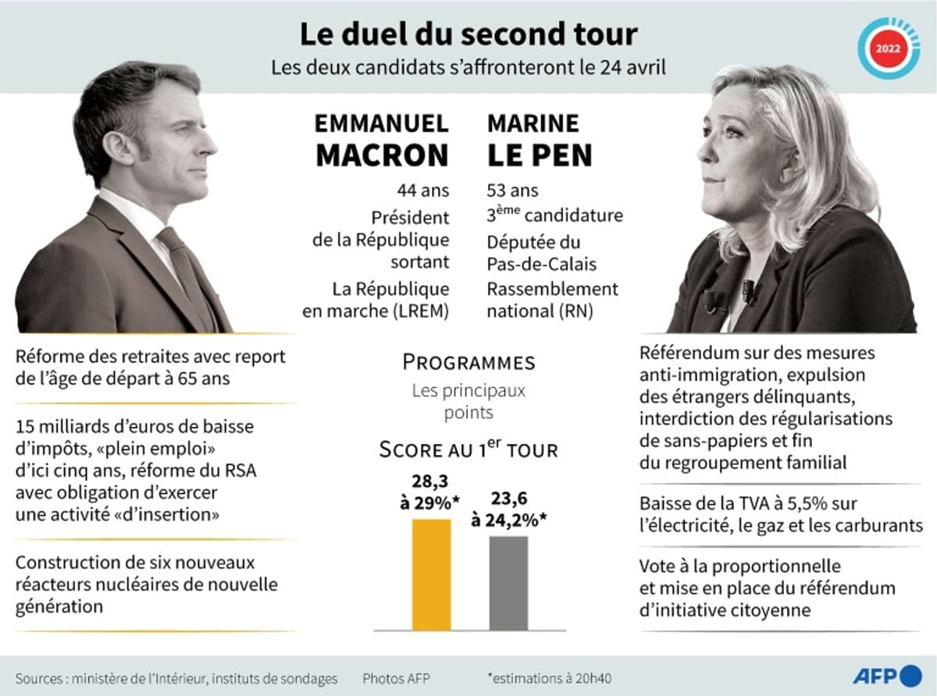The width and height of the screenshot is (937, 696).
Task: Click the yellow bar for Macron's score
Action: tap(431, 573)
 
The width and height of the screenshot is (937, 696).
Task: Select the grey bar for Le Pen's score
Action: tap(508, 582)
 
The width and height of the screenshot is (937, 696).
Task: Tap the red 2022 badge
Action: tap(888, 48)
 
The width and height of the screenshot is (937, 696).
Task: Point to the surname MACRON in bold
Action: tap(383, 155)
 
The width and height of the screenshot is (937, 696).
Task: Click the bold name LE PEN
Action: tap(540, 155)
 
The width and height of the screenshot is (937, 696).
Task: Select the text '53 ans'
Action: tap(513, 190)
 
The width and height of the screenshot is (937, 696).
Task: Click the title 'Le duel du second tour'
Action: tap(468, 34)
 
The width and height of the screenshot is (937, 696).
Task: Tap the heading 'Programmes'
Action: tap(468, 362)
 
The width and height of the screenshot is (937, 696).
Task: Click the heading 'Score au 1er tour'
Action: tap(468, 450)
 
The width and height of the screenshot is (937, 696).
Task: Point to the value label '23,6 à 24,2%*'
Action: tap(509, 510)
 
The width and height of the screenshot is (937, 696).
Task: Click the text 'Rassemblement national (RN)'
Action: tap(552, 300)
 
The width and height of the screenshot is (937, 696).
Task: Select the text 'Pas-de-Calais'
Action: tap(540, 264)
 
